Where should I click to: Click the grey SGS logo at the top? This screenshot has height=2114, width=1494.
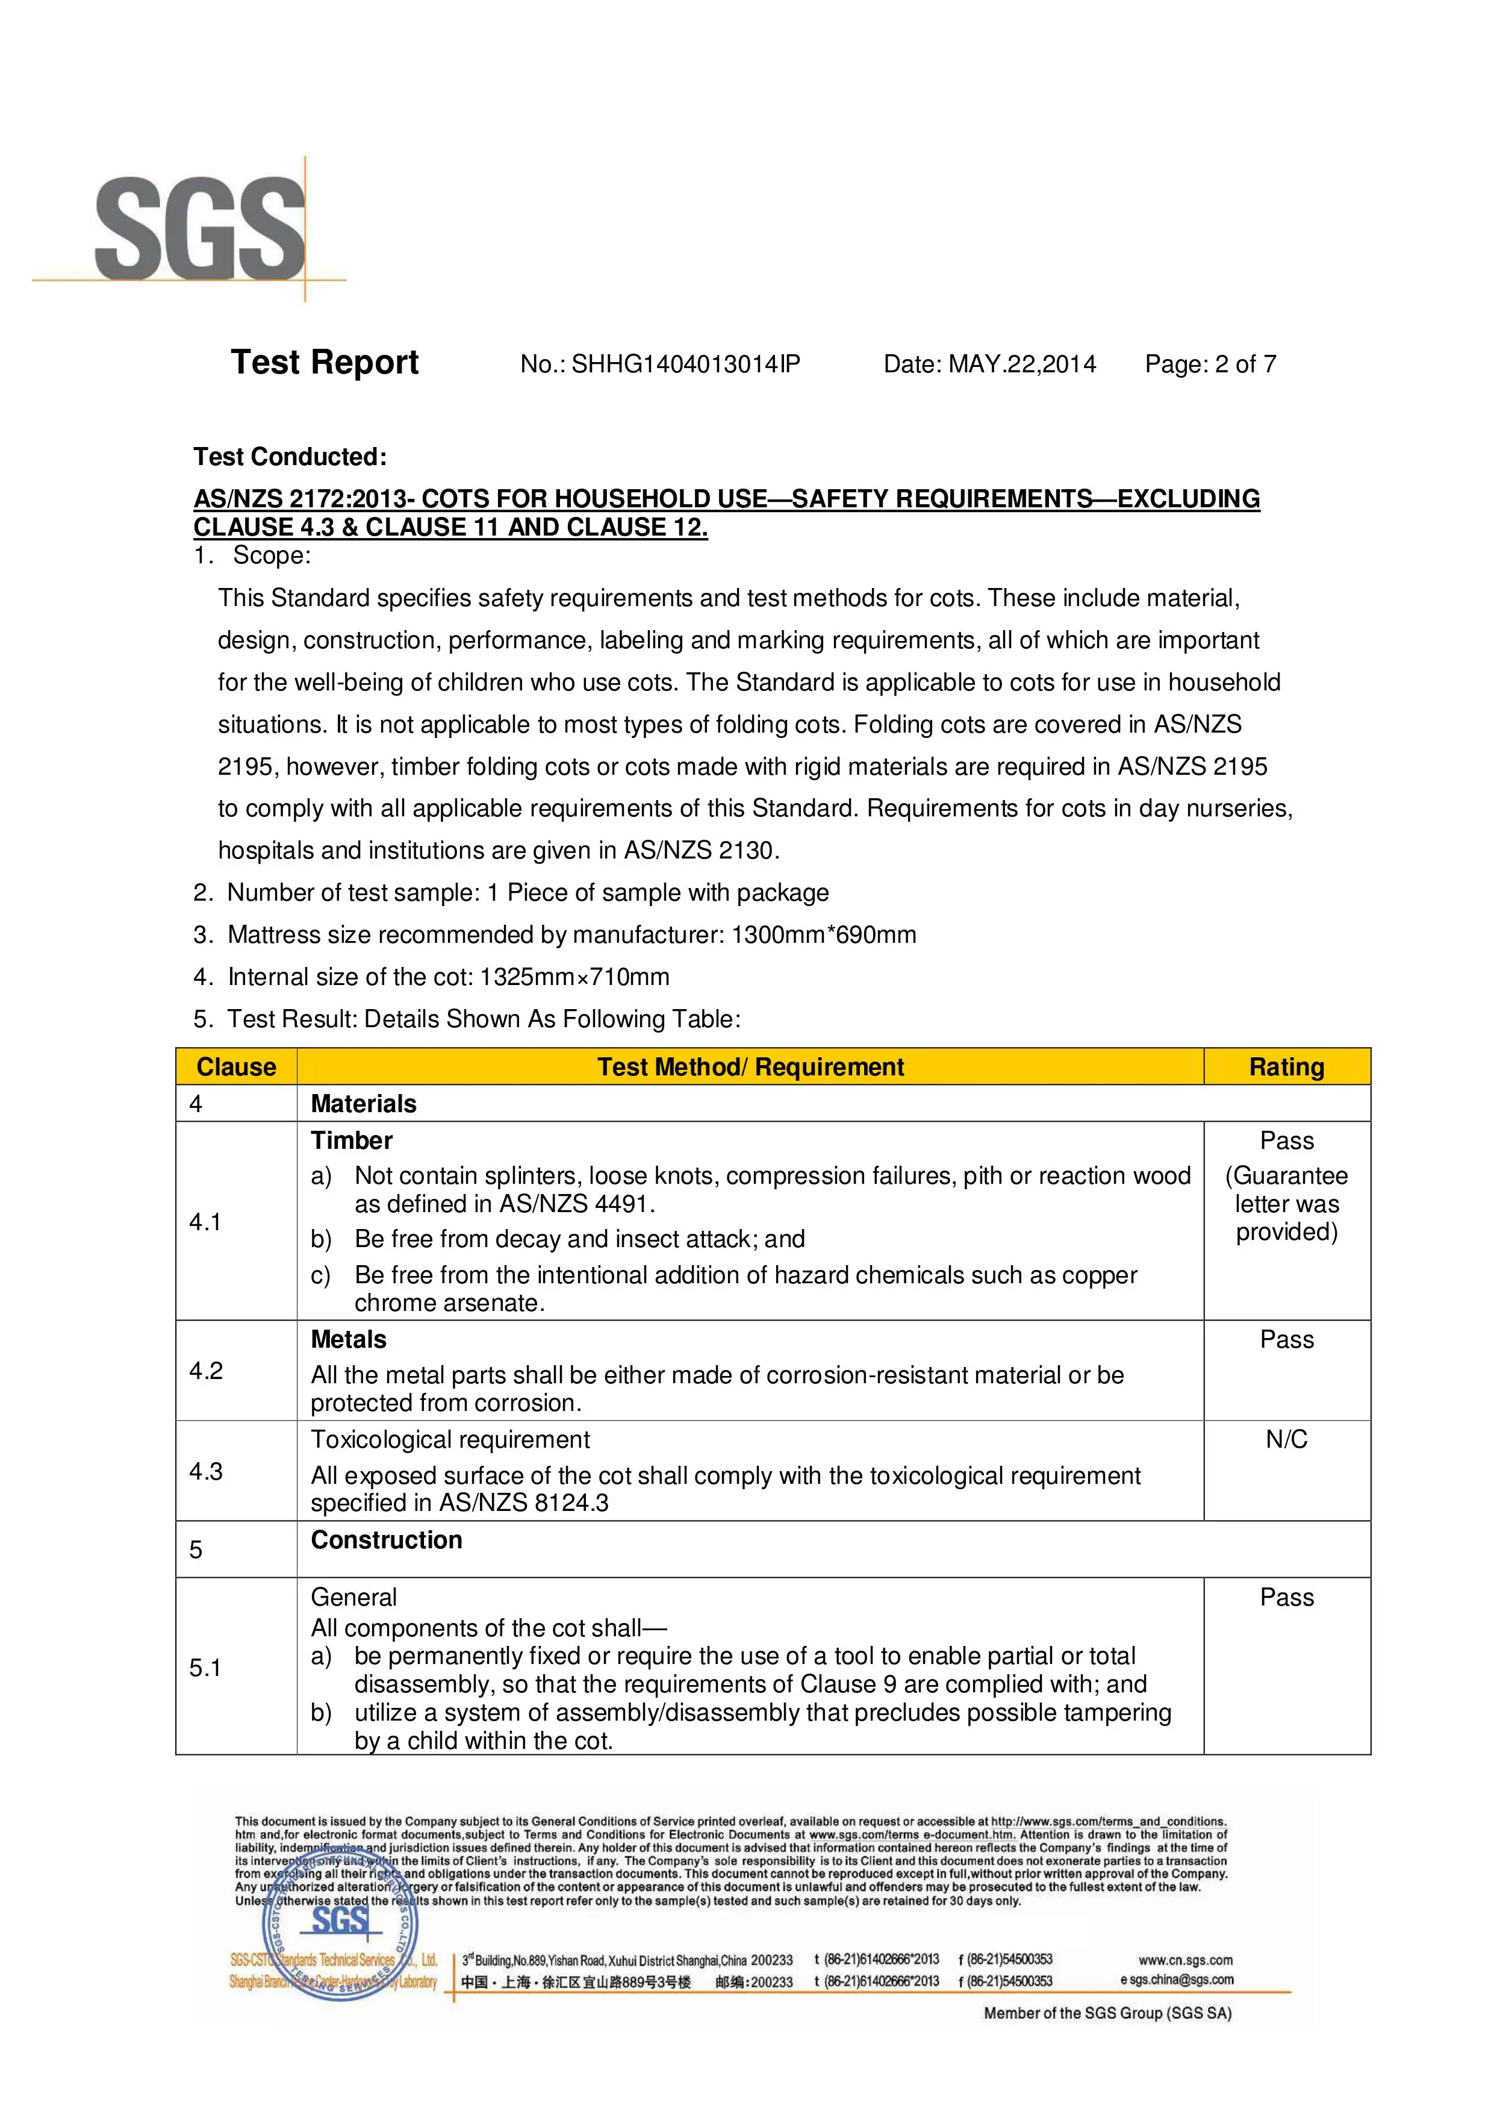[200, 230]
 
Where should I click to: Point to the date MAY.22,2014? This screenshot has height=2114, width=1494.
[1022, 364]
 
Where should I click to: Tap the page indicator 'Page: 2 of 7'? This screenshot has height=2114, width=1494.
[1210, 364]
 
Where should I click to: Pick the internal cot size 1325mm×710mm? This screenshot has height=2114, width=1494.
[574, 977]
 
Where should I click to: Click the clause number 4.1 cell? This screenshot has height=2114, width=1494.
[205, 1222]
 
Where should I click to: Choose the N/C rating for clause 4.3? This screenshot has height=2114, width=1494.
[1286, 1439]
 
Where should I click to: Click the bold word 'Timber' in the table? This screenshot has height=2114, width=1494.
[352, 1141]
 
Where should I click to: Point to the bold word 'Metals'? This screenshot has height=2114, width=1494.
[348, 1340]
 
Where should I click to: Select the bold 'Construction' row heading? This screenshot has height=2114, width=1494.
[387, 1540]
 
